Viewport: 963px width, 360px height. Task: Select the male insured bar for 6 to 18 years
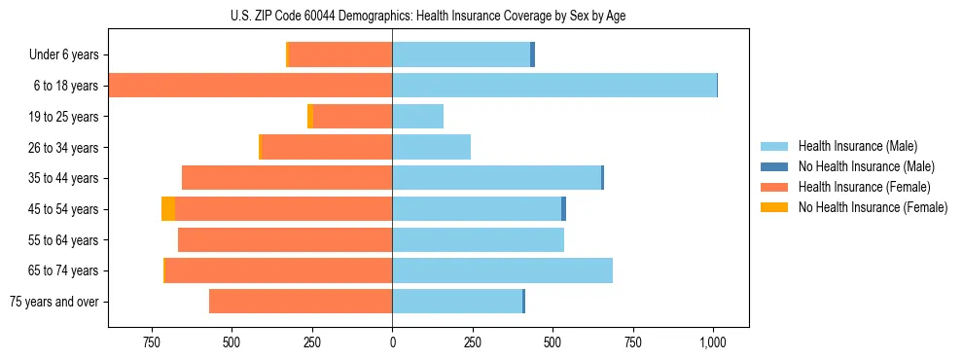554,86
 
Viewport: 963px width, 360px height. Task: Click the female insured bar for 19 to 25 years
352,117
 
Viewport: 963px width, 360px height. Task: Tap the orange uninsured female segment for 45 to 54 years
168,209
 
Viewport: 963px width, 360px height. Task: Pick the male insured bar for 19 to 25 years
417,117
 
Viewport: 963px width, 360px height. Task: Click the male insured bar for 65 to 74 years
502,270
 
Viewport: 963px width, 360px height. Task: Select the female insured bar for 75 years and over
301,302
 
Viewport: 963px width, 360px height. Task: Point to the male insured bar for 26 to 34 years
431,147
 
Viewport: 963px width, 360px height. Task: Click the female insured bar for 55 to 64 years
285,239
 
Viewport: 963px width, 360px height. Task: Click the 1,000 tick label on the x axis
713,342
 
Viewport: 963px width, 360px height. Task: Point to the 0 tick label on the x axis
392,342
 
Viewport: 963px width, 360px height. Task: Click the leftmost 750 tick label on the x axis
151,342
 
